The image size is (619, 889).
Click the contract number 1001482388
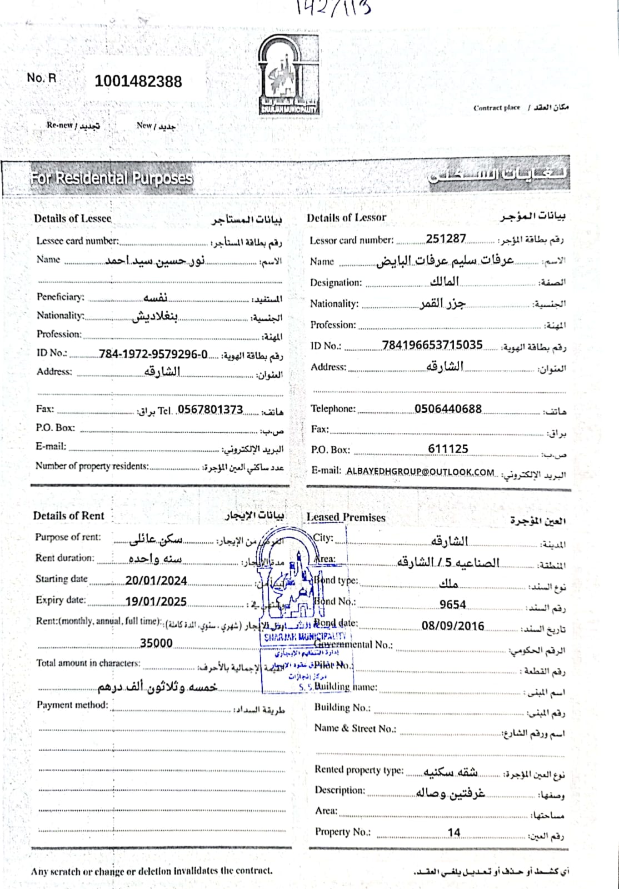(138, 82)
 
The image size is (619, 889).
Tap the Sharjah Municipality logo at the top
(288, 75)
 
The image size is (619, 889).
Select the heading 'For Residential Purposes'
(111, 178)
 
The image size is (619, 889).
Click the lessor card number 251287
(446, 239)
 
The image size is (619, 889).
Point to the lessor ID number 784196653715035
(432, 345)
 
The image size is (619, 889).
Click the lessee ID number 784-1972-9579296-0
(153, 354)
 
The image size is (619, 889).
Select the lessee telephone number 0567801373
(210, 410)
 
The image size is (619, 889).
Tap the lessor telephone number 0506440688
(448, 409)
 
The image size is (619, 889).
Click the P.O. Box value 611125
(448, 449)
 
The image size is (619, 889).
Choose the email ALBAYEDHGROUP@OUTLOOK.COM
(420, 472)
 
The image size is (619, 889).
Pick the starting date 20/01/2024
(156, 581)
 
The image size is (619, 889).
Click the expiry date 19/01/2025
(156, 602)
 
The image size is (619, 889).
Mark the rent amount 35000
(156, 643)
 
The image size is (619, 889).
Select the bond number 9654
(452, 605)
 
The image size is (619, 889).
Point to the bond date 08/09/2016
(452, 626)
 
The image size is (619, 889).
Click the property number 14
(454, 832)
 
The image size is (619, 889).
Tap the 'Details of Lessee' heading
(72, 218)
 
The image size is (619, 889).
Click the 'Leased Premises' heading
(346, 517)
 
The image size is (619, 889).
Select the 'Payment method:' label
(72, 705)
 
